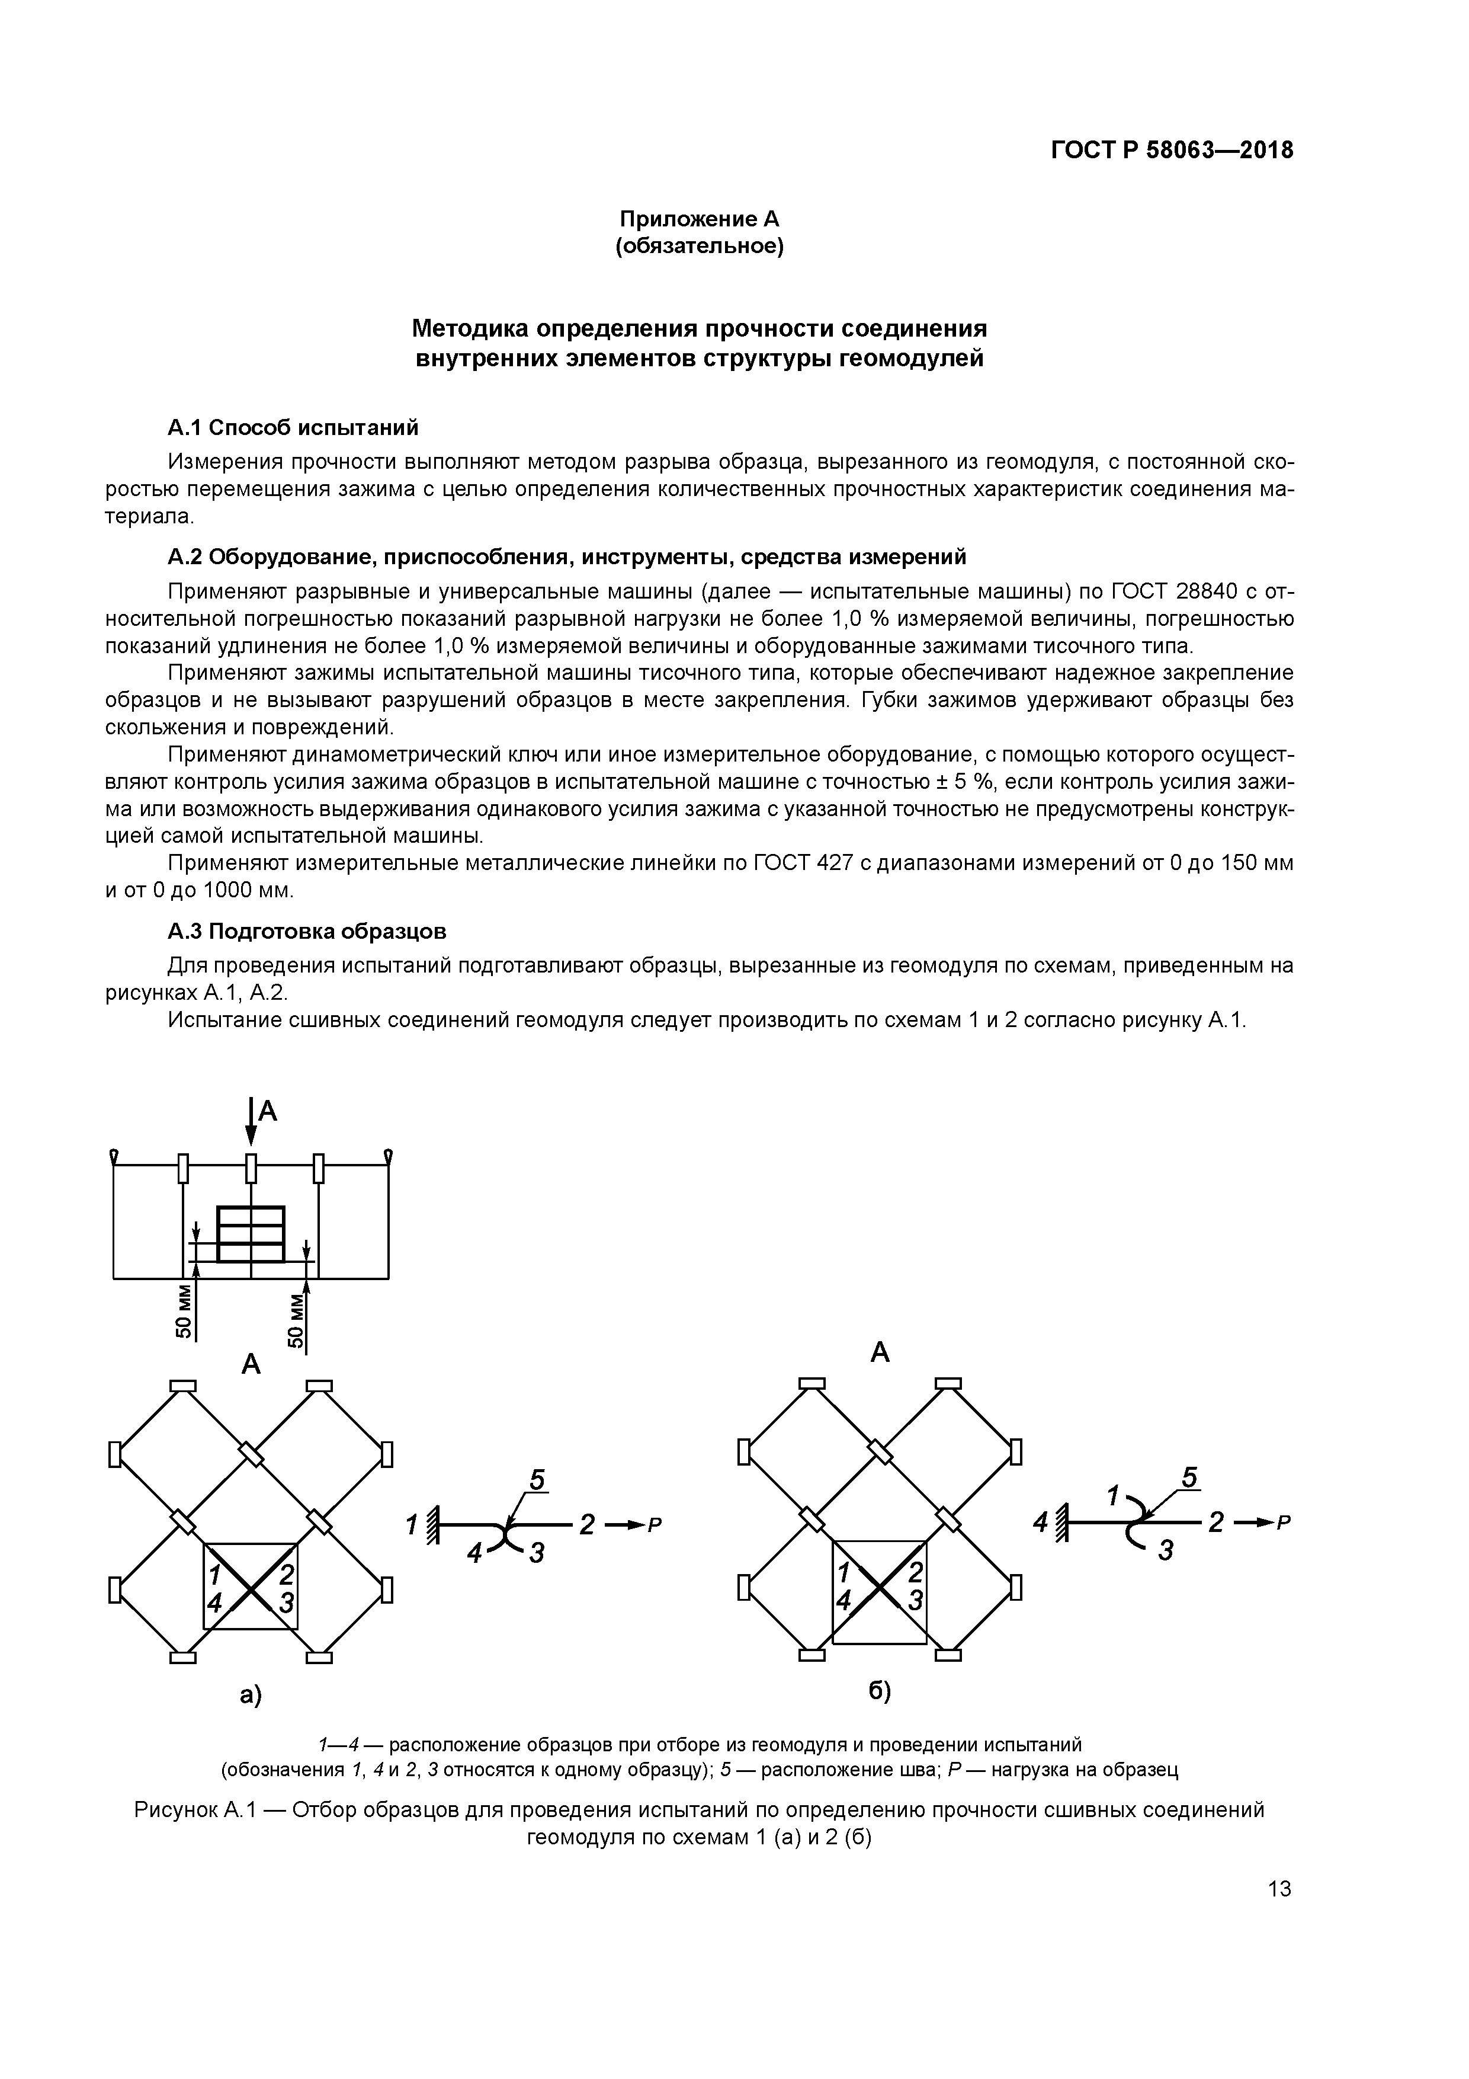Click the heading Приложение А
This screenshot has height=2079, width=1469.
pos(699,219)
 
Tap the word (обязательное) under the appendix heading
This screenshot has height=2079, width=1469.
pos(699,247)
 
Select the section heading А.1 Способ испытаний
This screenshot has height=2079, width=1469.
pos(293,427)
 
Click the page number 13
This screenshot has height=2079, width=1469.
pos(1279,1889)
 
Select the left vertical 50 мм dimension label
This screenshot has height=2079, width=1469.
pos(183,1310)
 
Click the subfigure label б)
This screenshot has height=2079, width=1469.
pos(879,1691)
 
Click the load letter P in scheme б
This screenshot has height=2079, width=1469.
pos(1282,1523)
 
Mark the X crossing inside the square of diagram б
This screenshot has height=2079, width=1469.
pos(879,1588)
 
